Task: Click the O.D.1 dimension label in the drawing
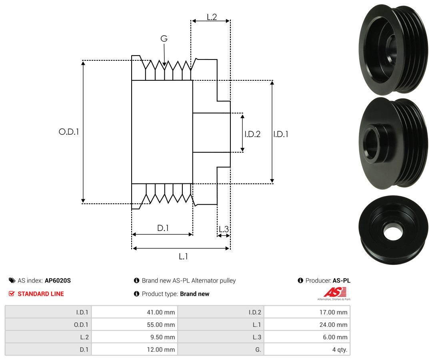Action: (69, 131)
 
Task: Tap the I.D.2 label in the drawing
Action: (252, 134)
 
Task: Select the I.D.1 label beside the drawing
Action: (281, 134)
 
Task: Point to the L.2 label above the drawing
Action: (212, 17)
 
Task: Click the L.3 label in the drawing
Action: (224, 229)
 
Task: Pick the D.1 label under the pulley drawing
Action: (162, 228)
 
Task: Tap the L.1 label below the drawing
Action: (183, 257)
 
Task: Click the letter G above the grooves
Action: (164, 39)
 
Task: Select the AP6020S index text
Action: (58, 280)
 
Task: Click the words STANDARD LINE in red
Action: (40, 294)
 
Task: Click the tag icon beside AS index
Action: (12, 280)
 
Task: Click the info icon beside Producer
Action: (300, 280)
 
